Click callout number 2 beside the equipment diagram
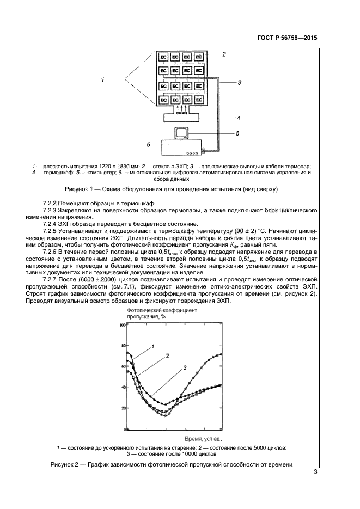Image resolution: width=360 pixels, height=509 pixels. pos(224,54)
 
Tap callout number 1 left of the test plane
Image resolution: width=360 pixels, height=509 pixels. pos(102,81)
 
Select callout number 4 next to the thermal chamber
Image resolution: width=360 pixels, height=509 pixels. pos(238,117)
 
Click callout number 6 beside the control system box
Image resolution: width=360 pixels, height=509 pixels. pos(148,144)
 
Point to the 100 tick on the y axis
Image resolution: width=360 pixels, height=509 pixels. pos(123,324)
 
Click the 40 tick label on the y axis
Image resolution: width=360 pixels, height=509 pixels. pos(123,387)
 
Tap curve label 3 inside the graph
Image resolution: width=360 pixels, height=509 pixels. pos(185,369)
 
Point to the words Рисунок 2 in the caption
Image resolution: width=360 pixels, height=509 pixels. pos(84,464)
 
